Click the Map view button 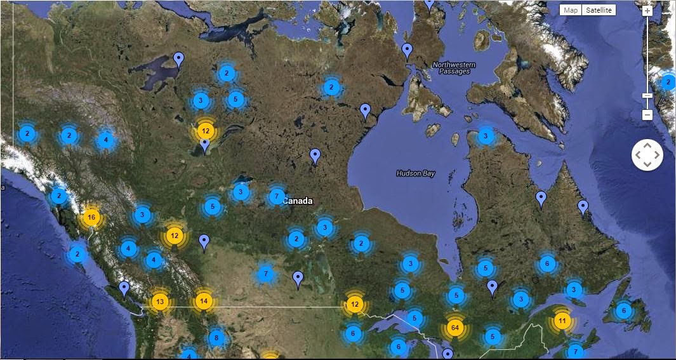click(x=571, y=10)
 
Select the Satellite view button click(x=599, y=10)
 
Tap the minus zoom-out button click(x=647, y=115)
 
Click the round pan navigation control click(x=647, y=155)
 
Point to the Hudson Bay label click(x=416, y=173)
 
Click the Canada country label click(x=298, y=201)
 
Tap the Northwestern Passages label click(x=451, y=67)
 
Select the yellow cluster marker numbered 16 click(x=91, y=218)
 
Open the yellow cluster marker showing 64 click(x=454, y=328)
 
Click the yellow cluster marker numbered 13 click(x=160, y=301)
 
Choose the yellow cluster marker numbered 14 click(x=203, y=300)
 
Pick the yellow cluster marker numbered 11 click(x=562, y=319)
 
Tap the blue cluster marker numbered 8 click(x=217, y=338)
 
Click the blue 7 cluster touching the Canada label click(x=276, y=196)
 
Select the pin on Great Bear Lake click(x=179, y=60)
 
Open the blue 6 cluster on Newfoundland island click(x=623, y=310)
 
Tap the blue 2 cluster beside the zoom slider click(x=668, y=82)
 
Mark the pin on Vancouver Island click(x=124, y=289)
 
